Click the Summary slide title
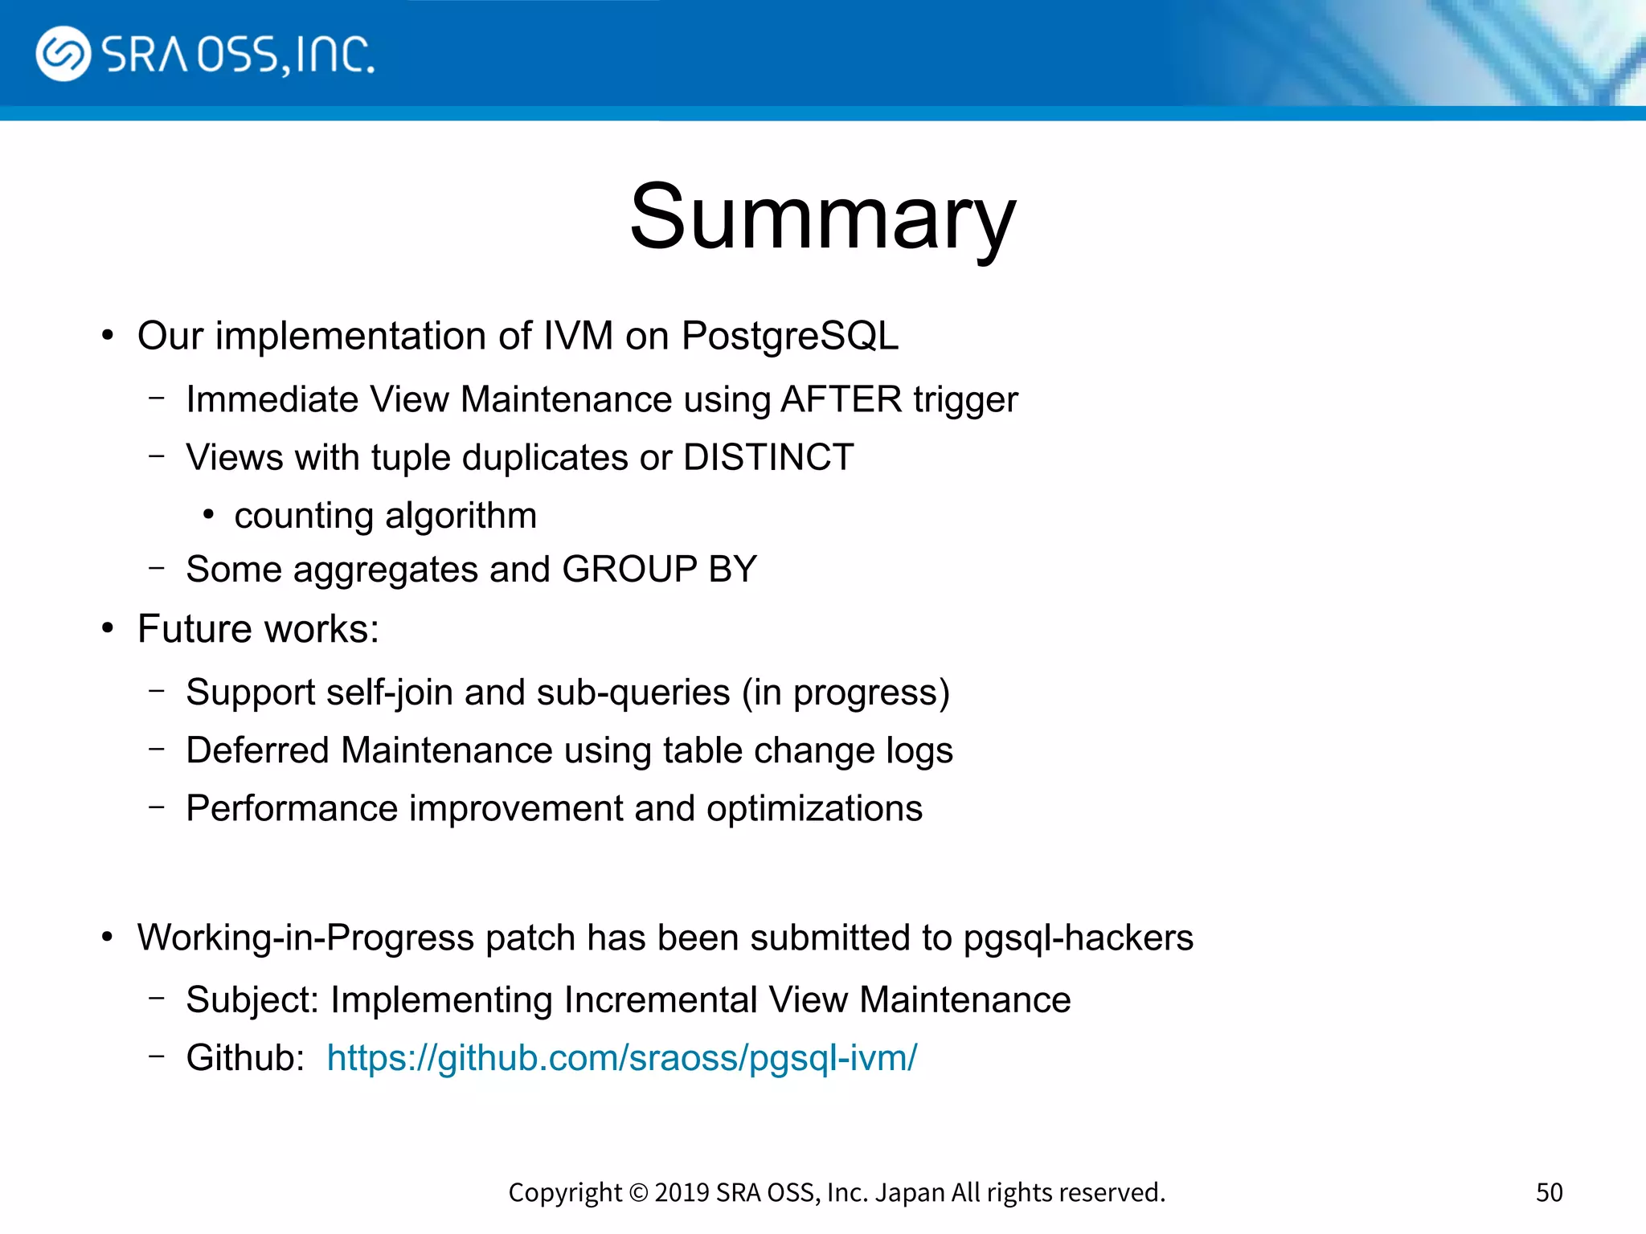coord(822,217)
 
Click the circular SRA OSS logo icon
coord(63,54)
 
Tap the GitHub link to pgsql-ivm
coord(621,1058)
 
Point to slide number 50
coord(1549,1192)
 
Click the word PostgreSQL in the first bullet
coord(789,336)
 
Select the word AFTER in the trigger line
coord(841,399)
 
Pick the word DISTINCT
coord(768,457)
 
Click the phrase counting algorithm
coord(385,516)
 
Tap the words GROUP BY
coord(659,570)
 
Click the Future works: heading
coord(257,629)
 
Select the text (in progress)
coord(846,693)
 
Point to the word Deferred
coord(257,750)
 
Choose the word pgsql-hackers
coord(1078,938)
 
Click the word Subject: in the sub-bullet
coord(252,1000)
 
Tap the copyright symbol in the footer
coord(638,1193)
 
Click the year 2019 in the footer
coord(681,1192)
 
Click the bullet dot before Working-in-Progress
coord(108,937)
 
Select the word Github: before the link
coord(245,1058)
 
